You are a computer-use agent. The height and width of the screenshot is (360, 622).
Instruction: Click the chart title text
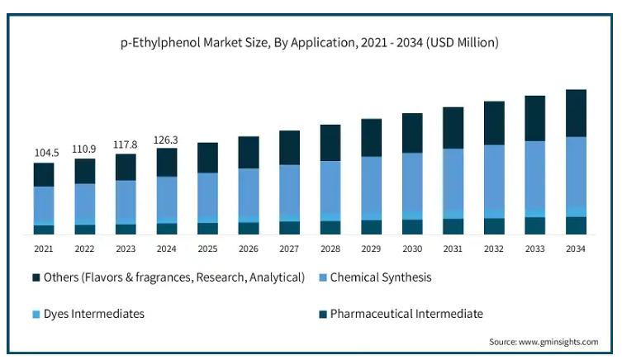(x=310, y=41)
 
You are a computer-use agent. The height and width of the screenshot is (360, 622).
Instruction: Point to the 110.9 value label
(x=84, y=149)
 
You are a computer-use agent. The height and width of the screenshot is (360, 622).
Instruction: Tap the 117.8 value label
(x=126, y=144)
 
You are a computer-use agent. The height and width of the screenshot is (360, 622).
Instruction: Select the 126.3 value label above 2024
(x=167, y=139)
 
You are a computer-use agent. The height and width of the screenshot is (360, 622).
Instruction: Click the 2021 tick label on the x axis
(x=44, y=249)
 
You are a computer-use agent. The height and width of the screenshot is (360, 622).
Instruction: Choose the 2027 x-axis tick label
(x=289, y=249)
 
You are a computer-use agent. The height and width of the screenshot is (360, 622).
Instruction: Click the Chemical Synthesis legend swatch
(x=322, y=277)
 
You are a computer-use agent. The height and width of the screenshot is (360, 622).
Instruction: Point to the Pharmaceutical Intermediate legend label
(x=406, y=314)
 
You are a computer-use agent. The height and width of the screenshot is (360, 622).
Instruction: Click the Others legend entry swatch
(x=36, y=277)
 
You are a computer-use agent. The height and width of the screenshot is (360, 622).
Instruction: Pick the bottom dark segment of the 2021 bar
(x=44, y=230)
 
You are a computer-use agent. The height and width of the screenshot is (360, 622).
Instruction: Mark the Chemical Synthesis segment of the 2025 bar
(x=207, y=195)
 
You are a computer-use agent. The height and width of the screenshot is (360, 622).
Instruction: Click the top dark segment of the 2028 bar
(x=330, y=143)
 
